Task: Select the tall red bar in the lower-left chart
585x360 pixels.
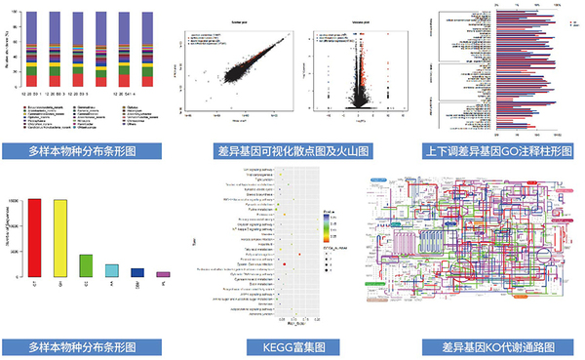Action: pyautogui.click(x=35, y=238)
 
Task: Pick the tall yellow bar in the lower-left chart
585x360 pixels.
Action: pyautogui.click(x=60, y=239)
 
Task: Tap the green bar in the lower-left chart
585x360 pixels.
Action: pyautogui.click(x=86, y=265)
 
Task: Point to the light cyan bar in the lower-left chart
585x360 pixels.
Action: pyautogui.click(x=111, y=270)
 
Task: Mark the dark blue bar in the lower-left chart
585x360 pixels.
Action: pyautogui.click(x=136, y=273)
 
